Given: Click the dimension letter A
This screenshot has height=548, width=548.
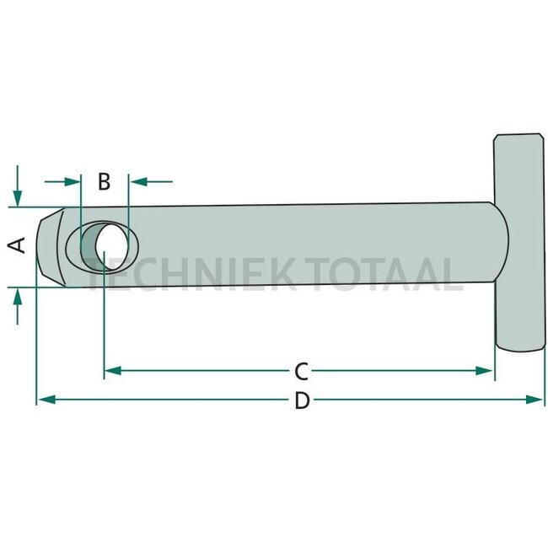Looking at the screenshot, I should coord(17,245).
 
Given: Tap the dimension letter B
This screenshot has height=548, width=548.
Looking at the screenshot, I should coord(104,180).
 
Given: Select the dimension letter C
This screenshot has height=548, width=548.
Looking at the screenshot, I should coord(300,370).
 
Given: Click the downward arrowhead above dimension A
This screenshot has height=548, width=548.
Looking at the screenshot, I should coord(17,197).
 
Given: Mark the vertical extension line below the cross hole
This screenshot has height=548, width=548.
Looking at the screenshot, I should coord(104,329).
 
